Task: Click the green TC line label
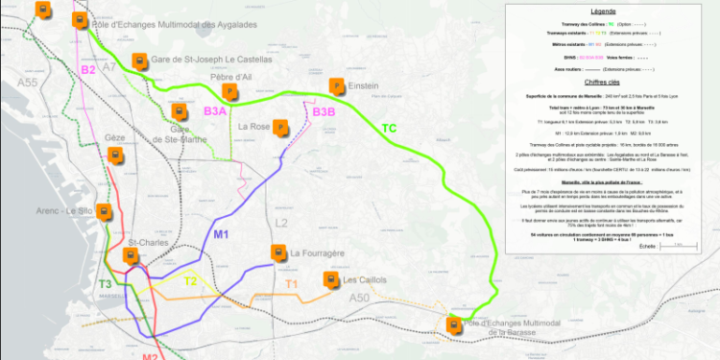(x=389, y=129)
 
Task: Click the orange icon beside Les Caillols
(x=331, y=280)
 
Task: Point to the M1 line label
(x=222, y=233)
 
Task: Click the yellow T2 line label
(x=191, y=281)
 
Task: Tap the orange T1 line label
(x=292, y=285)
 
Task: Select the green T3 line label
(x=105, y=284)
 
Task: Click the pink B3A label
(x=215, y=112)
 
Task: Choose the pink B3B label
(x=324, y=112)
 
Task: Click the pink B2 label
(x=87, y=69)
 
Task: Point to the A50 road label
(x=359, y=299)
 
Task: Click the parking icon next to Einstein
(x=336, y=86)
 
